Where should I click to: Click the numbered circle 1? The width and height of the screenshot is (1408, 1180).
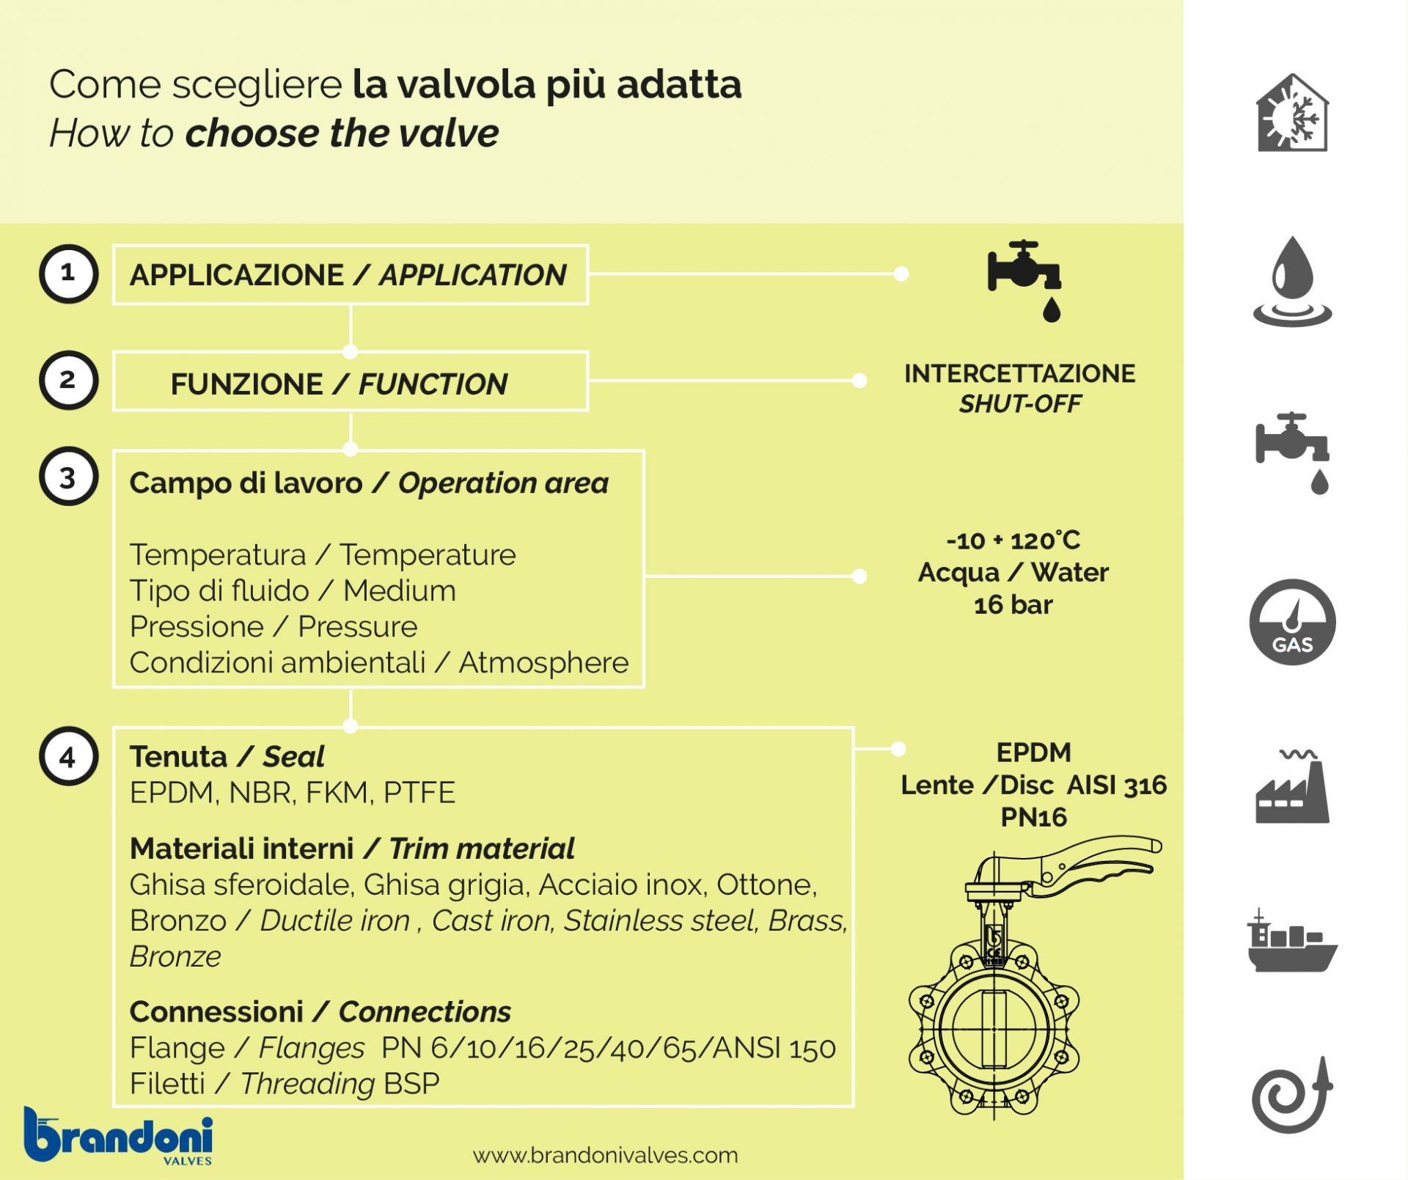point(68,274)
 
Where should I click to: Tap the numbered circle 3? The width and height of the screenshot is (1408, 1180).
point(68,477)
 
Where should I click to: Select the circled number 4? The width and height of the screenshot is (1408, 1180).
point(68,756)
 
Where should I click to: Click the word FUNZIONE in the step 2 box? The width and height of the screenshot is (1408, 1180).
point(246,384)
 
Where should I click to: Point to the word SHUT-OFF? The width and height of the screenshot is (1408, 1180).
point(1019,403)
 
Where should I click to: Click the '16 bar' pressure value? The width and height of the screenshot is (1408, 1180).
point(1013,605)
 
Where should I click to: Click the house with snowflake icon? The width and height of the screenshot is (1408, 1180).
point(1292,114)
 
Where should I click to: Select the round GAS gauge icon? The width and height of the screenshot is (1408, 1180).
point(1292,622)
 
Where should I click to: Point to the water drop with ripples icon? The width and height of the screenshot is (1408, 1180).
point(1292,282)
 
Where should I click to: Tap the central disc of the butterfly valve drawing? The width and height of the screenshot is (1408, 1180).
point(994,1027)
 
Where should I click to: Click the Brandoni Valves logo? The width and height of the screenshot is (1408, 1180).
point(119,1135)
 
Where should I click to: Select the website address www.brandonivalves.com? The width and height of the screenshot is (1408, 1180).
point(605,1155)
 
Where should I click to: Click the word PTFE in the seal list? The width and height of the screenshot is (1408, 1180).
point(419,793)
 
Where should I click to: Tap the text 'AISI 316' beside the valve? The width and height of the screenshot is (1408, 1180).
point(1116,785)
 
